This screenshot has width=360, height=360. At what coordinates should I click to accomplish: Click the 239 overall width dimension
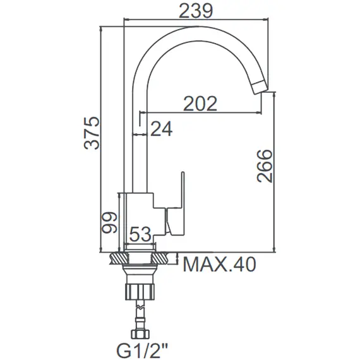[196, 11]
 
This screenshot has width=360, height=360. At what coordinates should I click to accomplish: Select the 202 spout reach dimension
[200, 104]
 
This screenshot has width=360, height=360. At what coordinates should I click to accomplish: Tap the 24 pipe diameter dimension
[162, 129]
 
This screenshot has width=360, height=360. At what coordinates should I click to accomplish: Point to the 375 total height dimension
[93, 133]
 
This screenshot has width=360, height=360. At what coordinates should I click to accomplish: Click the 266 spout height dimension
[265, 166]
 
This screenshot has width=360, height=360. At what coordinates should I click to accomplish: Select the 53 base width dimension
[140, 235]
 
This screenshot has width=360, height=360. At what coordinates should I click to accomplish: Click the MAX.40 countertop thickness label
[219, 265]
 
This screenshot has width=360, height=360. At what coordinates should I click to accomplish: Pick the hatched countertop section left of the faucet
[117, 258]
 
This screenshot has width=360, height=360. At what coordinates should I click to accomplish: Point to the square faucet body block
[139, 218]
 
